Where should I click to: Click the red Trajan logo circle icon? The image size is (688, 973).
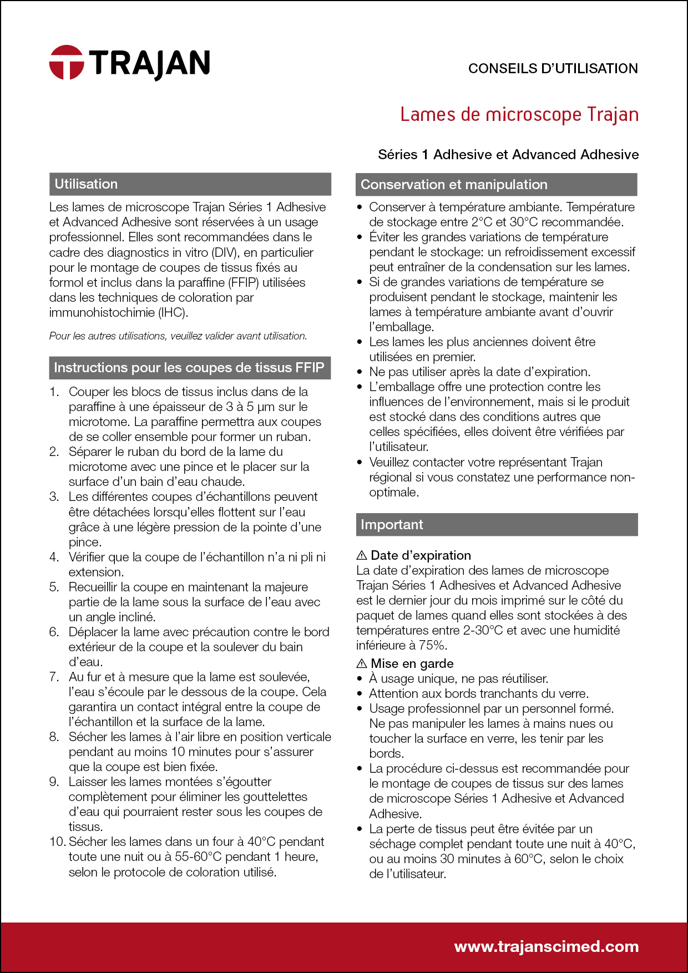click(67, 62)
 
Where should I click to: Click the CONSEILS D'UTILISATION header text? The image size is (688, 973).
click(553, 69)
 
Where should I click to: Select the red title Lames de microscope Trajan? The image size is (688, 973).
click(519, 114)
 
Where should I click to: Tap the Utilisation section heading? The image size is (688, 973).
click(86, 184)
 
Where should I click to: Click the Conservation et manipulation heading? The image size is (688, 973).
click(454, 185)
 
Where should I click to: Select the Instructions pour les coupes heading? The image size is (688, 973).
click(189, 368)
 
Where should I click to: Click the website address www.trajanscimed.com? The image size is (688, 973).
click(546, 946)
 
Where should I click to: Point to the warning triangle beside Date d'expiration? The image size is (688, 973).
click(362, 555)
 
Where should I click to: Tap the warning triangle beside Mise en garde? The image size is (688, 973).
click(362, 663)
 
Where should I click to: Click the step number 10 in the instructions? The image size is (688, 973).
click(57, 842)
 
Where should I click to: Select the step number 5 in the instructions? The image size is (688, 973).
click(54, 587)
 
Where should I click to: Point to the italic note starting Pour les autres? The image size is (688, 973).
click(178, 336)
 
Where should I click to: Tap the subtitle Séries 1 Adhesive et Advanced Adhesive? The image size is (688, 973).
click(508, 155)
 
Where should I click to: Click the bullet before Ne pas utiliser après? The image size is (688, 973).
click(360, 372)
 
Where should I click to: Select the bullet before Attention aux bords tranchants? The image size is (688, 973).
click(360, 693)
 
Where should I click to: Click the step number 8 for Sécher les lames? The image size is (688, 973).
click(54, 737)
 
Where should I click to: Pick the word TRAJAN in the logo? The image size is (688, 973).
click(150, 62)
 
